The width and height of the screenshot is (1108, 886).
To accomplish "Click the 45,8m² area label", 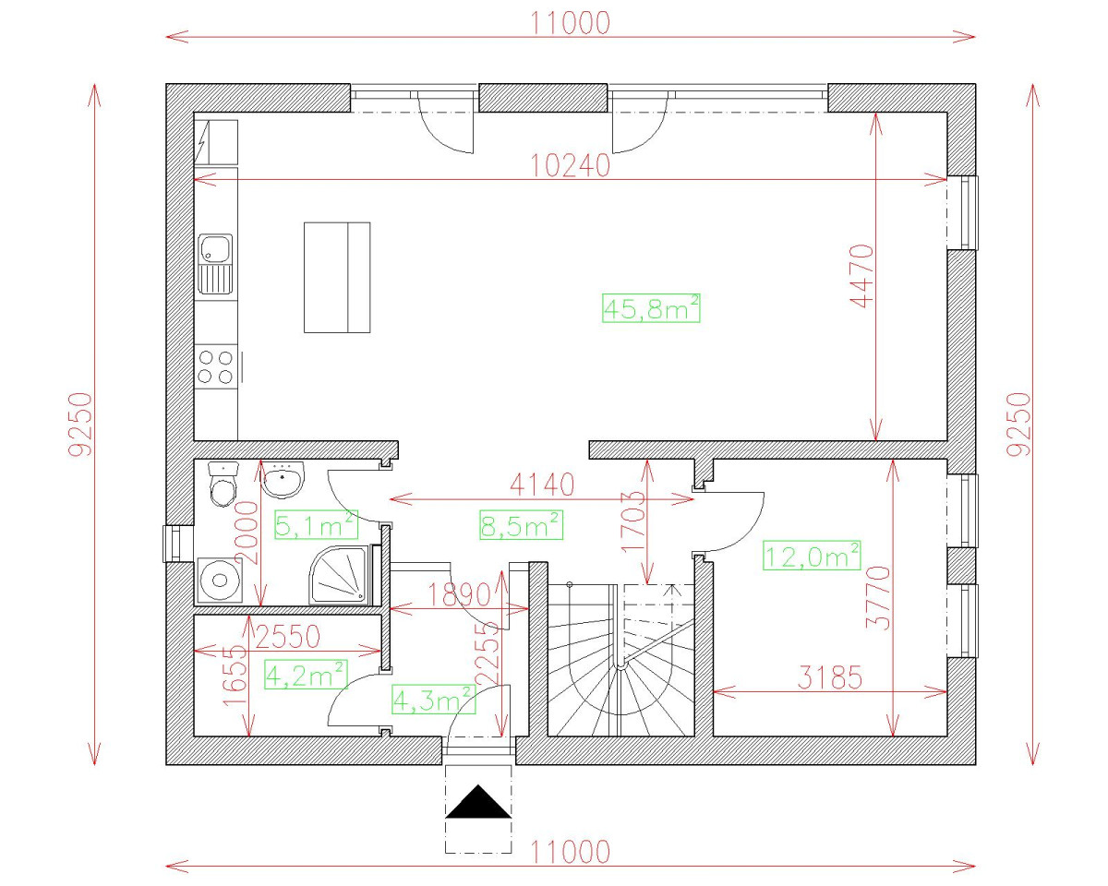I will [650, 309].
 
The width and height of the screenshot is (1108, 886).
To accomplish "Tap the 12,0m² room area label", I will [813, 556].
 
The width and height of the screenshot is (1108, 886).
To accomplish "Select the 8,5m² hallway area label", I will [522, 525].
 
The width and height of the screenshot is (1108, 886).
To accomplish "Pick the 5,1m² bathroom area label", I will [316, 526].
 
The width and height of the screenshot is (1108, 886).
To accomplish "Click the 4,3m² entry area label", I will [434, 699].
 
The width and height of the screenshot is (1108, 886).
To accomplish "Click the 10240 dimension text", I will [571, 165].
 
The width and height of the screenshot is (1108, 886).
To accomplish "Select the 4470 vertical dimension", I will [861, 275].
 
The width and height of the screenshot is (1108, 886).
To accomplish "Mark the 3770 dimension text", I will [883, 597].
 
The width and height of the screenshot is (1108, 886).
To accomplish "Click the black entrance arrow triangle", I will [478, 803].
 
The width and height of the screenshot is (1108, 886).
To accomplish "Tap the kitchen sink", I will [216, 263].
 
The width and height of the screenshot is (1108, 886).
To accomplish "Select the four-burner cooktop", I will [216, 366].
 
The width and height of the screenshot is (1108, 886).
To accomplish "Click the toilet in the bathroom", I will [223, 485].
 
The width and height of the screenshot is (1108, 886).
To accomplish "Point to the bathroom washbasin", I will [283, 480].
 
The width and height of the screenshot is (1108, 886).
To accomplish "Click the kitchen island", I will [337, 277].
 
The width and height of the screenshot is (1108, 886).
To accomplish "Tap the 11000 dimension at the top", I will [571, 23].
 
